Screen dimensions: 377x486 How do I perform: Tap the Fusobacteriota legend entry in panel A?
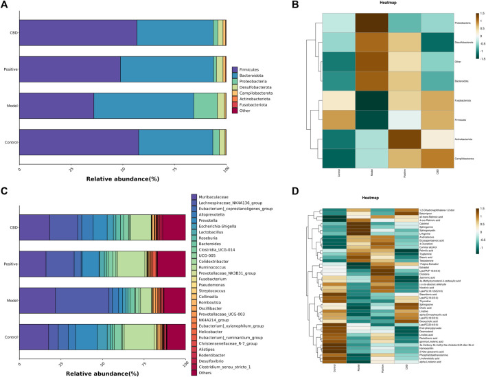[256, 104]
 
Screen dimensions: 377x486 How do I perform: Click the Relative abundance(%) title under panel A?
[123, 179]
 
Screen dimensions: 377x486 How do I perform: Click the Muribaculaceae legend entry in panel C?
[217, 198]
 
